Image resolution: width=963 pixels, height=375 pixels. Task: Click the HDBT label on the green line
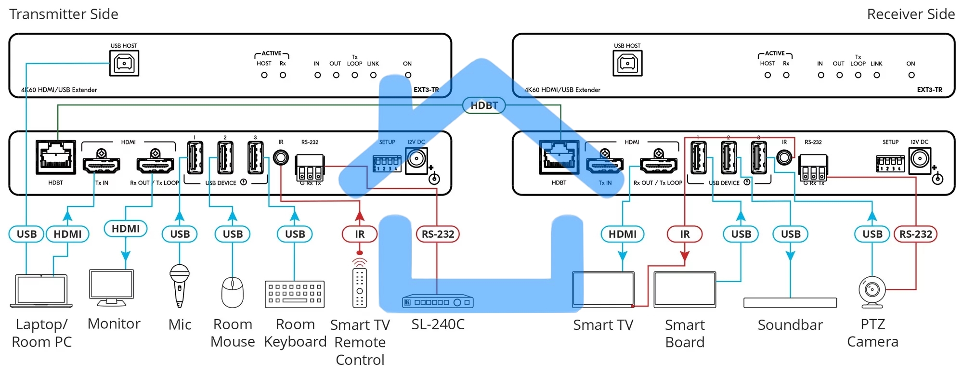(483, 105)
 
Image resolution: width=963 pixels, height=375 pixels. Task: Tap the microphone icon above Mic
(179, 285)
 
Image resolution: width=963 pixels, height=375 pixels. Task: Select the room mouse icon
(232, 292)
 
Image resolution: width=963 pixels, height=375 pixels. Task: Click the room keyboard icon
(295, 294)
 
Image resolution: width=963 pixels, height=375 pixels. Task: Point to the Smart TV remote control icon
(360, 286)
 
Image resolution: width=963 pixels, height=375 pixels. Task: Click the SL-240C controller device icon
(438, 302)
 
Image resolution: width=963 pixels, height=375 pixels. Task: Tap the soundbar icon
(790, 303)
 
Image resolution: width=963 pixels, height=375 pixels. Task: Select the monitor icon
(112, 287)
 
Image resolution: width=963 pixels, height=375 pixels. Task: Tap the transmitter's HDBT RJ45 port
(56, 157)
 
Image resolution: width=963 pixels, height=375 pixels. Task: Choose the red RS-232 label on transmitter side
(438, 234)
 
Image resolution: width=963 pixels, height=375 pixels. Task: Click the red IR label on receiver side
(684, 234)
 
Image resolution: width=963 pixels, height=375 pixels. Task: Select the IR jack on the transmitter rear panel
(281, 157)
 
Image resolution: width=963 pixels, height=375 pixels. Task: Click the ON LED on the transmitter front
(408, 75)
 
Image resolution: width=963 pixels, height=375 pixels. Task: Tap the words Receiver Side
(911, 14)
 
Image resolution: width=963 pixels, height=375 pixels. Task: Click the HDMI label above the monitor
(126, 229)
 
